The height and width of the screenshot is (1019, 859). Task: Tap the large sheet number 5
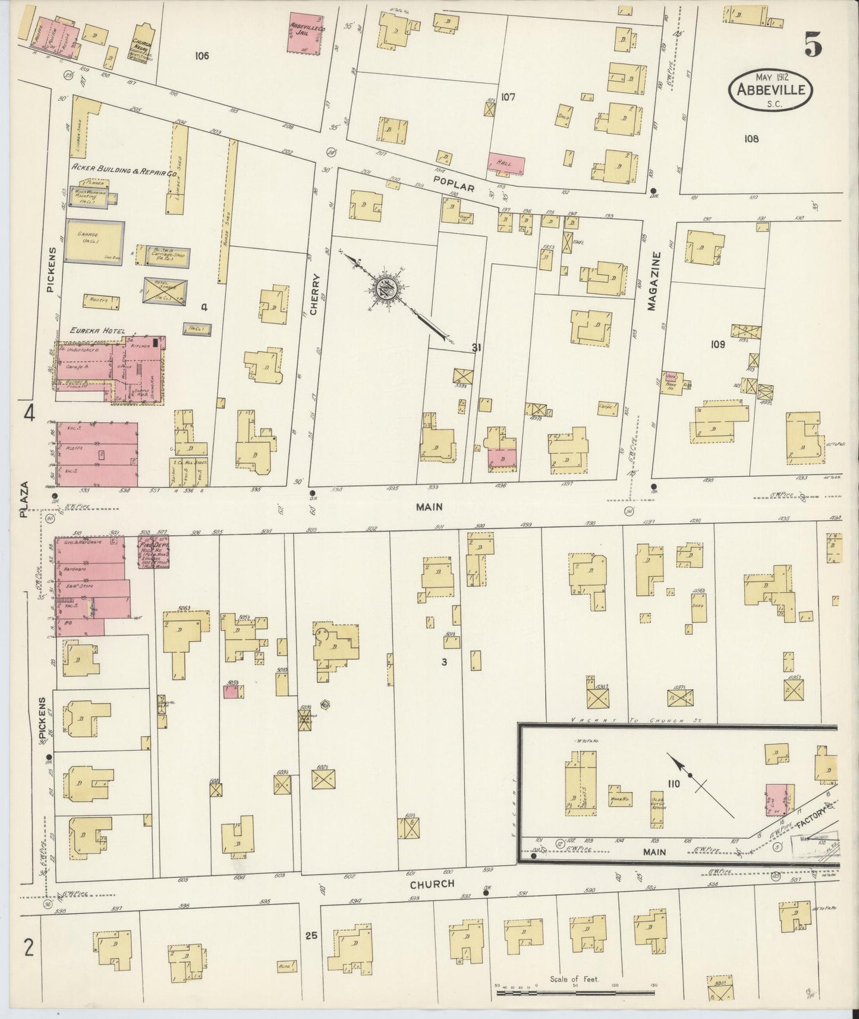click(814, 45)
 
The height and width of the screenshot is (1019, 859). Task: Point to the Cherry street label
click(314, 294)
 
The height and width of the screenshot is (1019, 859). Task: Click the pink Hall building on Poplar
click(506, 163)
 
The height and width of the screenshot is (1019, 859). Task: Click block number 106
click(202, 56)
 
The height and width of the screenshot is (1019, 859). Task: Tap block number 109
click(718, 344)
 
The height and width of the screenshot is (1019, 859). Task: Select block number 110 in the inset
click(673, 785)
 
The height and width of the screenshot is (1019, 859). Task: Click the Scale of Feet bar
click(574, 993)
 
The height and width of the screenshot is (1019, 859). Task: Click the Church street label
click(432, 884)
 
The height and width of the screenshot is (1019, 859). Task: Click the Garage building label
click(87, 235)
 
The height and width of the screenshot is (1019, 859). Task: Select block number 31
click(476, 348)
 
